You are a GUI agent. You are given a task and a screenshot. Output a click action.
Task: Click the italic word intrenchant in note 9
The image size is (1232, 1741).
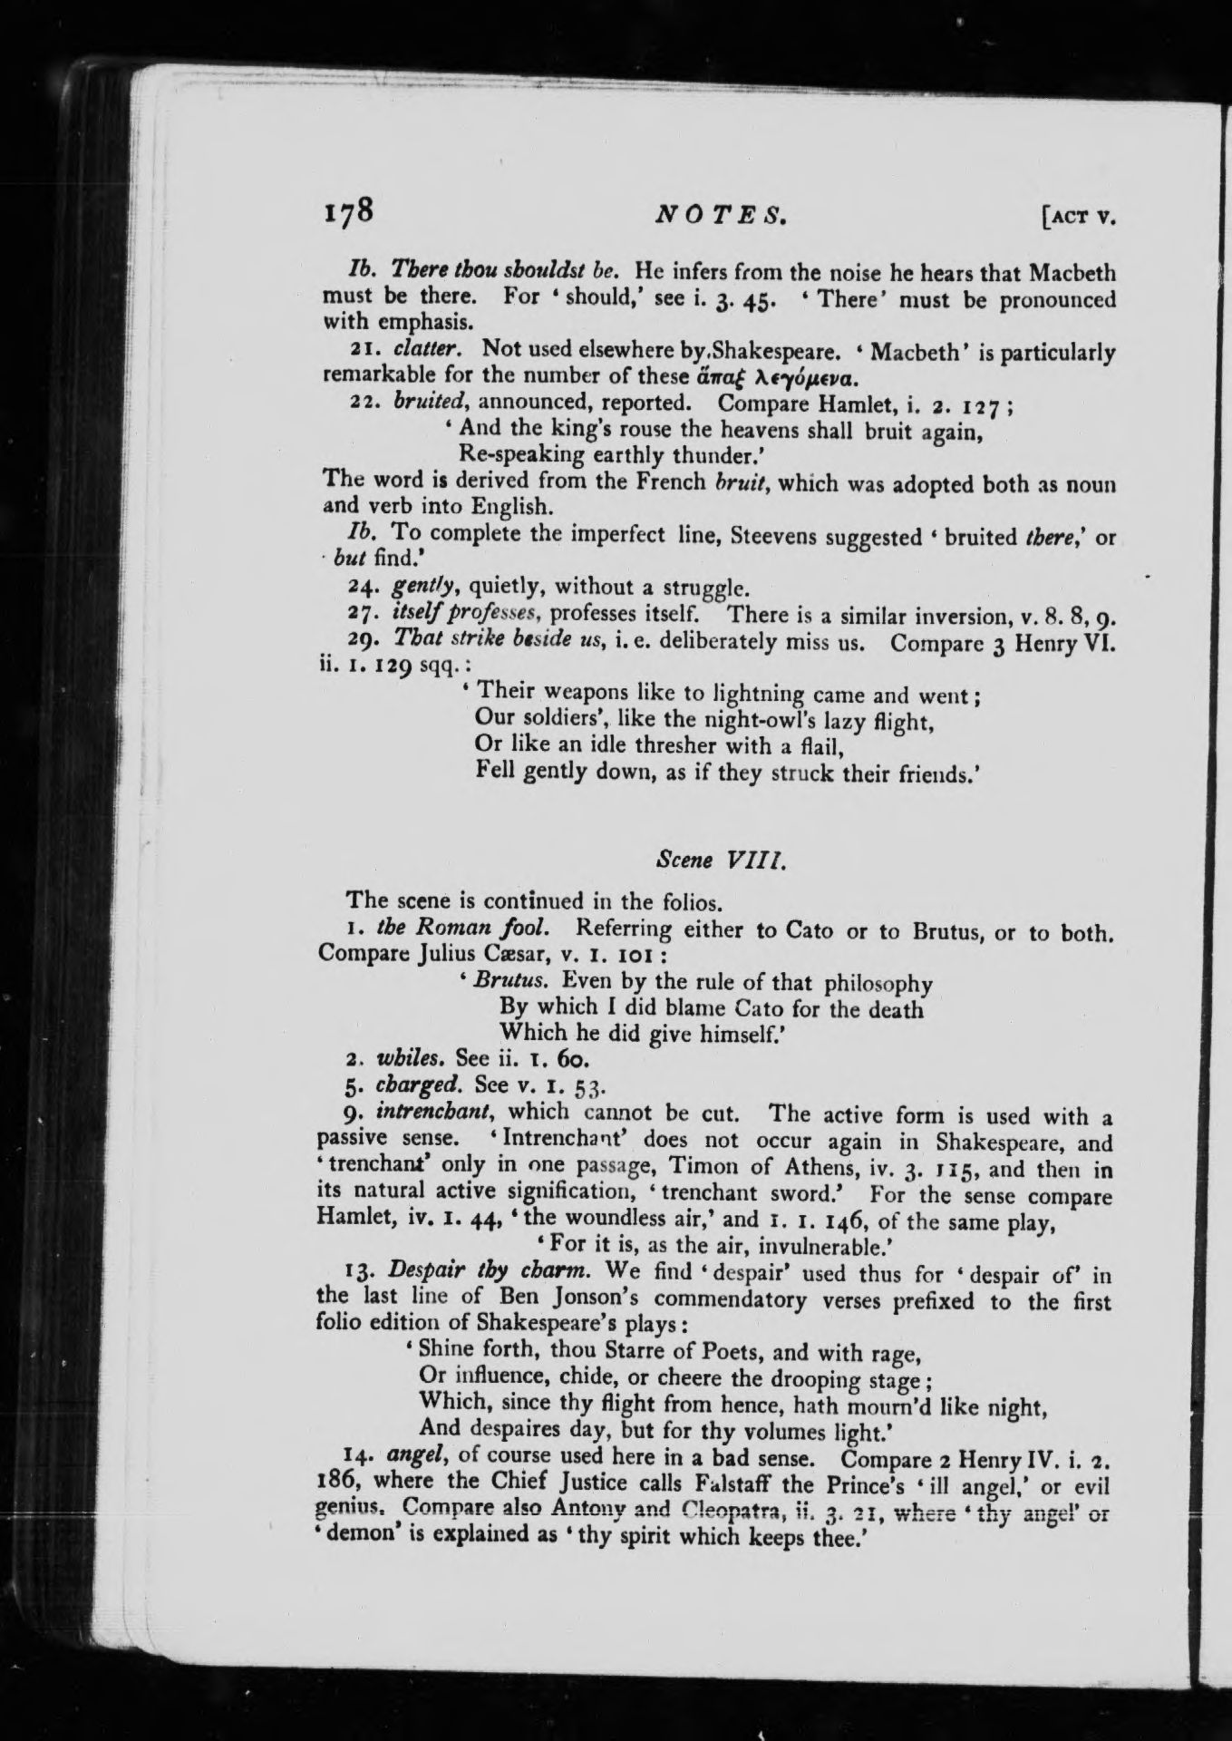439,1112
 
